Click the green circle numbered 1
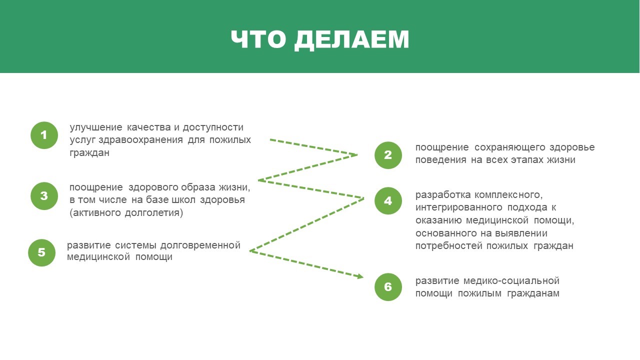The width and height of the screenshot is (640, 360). [44, 135]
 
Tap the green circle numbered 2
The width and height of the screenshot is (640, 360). [388, 155]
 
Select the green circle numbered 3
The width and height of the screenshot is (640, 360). [44, 196]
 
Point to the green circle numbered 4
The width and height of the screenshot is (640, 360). [388, 201]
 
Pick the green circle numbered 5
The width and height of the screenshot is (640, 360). [41, 252]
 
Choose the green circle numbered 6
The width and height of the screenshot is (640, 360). [388, 287]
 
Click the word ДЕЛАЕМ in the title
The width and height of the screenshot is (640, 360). [351, 39]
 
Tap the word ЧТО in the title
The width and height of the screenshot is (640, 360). [258, 39]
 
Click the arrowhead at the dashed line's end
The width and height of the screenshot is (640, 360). [359, 276]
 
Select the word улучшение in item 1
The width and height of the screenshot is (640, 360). [96, 127]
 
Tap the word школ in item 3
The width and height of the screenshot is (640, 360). [183, 199]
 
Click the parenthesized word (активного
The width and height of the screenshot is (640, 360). [94, 212]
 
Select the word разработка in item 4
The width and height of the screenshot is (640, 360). [442, 195]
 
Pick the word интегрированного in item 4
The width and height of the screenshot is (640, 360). [459, 207]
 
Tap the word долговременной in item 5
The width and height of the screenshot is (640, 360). [200, 245]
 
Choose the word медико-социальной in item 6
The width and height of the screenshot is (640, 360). [511, 280]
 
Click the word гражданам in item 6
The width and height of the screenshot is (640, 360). [533, 293]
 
